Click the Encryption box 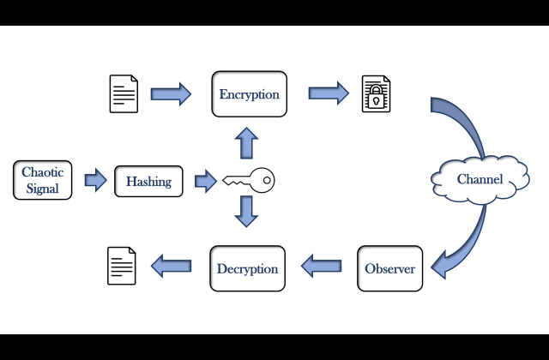(249, 94)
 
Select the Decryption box (247, 268)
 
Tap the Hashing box (148, 181)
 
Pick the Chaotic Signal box (42, 180)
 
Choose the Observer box (390, 268)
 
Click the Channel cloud (479, 180)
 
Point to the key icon (249, 181)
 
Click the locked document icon (375, 94)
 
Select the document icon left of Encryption (124, 94)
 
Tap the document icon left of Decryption (121, 266)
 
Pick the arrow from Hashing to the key (205, 180)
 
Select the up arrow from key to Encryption (246, 142)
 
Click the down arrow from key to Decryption (246, 211)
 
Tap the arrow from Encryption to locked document (329, 93)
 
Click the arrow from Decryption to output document (171, 267)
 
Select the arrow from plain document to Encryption (171, 93)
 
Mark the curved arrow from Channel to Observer (459, 244)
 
